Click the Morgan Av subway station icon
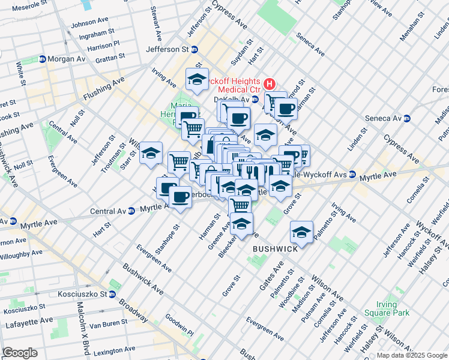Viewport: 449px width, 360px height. [43, 59]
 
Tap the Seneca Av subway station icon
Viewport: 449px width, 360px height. [406, 118]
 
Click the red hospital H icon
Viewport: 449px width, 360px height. [270, 83]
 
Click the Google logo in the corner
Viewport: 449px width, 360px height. [20, 353]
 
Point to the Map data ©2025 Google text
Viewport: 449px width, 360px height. [411, 355]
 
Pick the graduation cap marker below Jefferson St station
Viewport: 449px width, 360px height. [196, 80]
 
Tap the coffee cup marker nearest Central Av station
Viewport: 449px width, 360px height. [179, 197]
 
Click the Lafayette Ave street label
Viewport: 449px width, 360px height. [21, 323]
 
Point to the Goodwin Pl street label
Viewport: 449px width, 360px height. [178, 326]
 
